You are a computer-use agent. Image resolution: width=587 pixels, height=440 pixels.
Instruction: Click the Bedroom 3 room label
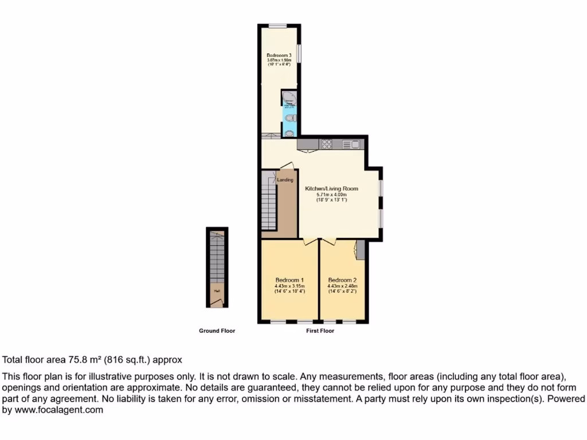[x=279, y=56]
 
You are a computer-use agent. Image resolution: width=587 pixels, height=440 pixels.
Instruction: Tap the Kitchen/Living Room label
[x=331, y=188]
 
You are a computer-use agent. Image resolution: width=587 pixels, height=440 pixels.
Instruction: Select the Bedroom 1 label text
[x=289, y=280]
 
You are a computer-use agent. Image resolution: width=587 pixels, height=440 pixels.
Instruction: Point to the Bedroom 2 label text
[x=343, y=280]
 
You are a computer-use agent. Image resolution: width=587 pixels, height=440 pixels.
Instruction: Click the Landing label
[x=285, y=180]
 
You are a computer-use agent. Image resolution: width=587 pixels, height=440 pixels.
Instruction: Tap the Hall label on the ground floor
[x=217, y=291]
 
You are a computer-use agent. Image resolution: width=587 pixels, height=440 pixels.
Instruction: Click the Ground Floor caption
[x=217, y=331]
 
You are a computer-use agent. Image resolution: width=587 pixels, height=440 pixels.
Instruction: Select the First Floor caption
[x=320, y=331]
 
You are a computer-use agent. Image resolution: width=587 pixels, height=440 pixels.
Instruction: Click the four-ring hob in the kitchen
[x=327, y=144]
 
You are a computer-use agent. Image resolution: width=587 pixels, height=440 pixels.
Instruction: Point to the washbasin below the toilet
[x=289, y=133]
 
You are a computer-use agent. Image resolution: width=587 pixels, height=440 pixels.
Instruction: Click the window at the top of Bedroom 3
[x=279, y=25]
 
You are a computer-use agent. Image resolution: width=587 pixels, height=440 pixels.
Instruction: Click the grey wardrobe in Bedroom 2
[x=360, y=251]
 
